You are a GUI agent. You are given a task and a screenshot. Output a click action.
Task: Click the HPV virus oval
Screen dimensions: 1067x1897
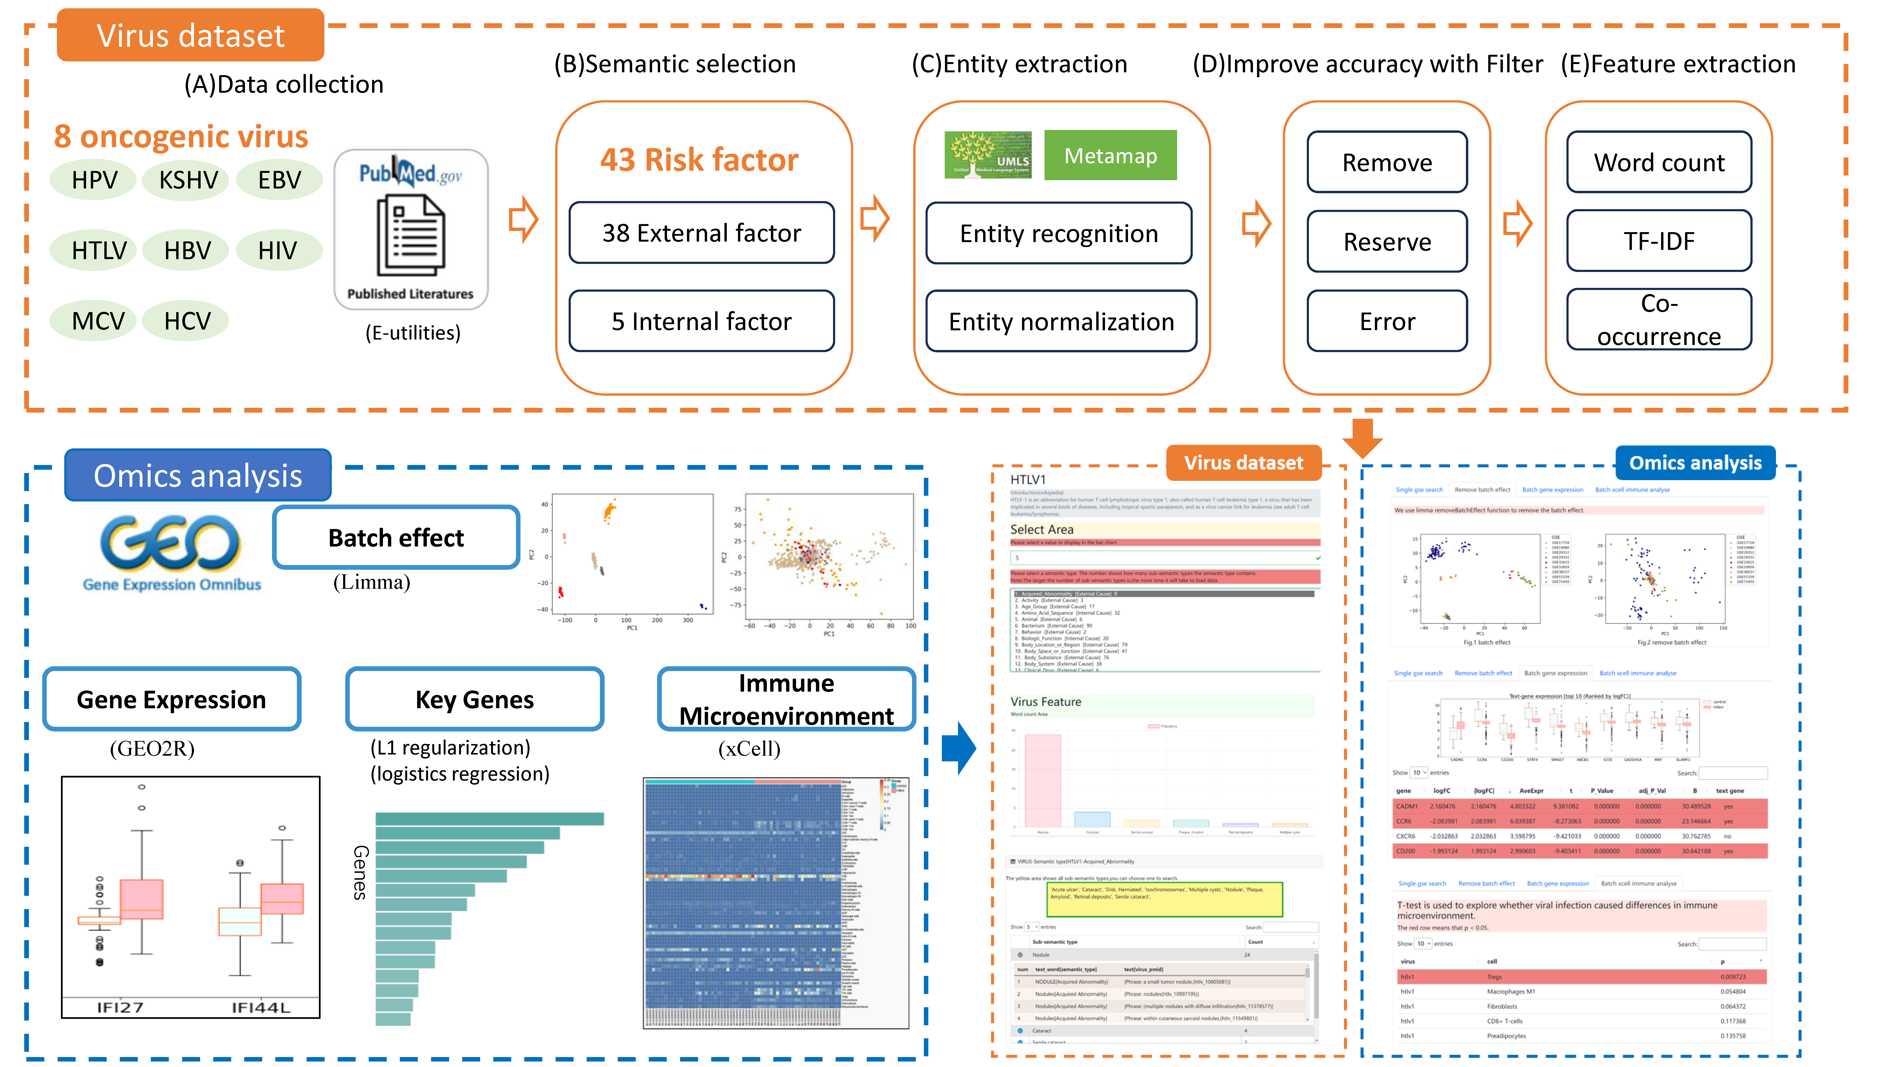tap(93, 180)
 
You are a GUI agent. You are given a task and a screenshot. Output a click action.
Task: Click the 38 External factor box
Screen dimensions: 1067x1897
tap(701, 233)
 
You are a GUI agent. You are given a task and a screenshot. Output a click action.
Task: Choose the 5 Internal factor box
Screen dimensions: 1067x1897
tap(701, 321)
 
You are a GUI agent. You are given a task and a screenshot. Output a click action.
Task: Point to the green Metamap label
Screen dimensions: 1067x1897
tap(1110, 155)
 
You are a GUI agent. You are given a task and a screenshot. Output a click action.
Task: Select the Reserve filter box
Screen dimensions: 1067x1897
tap(1387, 242)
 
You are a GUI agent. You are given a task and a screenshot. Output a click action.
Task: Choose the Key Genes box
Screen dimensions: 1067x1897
tap(474, 699)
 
